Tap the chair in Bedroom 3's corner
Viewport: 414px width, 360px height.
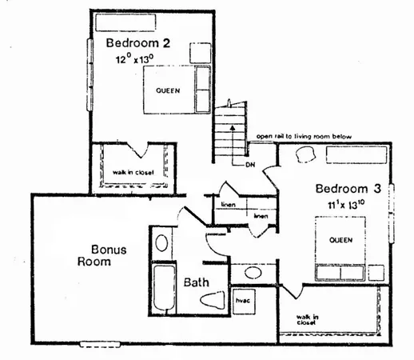pyautogui.click(x=305, y=155)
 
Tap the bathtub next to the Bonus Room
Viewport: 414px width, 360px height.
pyautogui.click(x=162, y=289)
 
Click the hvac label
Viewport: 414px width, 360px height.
pyautogui.click(x=242, y=301)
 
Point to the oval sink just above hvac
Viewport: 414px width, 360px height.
pyautogui.click(x=253, y=272)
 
